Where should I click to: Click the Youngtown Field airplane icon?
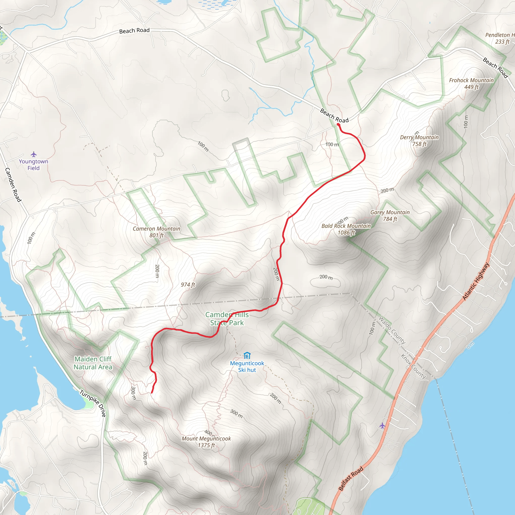click(34, 154)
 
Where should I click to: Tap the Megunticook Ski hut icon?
click(247, 356)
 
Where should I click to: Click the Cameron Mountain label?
click(156, 232)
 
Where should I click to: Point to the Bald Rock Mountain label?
click(346, 229)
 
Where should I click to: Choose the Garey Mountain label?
click(390, 216)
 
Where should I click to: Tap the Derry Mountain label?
click(419, 141)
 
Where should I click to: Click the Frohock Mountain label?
click(471, 83)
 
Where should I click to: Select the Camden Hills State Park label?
click(227, 319)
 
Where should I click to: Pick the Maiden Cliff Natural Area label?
click(93, 363)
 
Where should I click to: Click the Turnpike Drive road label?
click(93, 403)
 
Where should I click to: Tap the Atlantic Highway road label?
click(476, 281)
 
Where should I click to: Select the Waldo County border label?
click(392, 330)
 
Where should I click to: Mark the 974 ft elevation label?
click(188, 285)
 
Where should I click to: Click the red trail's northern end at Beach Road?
click(338, 124)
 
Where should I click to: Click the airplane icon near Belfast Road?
click(382, 425)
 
